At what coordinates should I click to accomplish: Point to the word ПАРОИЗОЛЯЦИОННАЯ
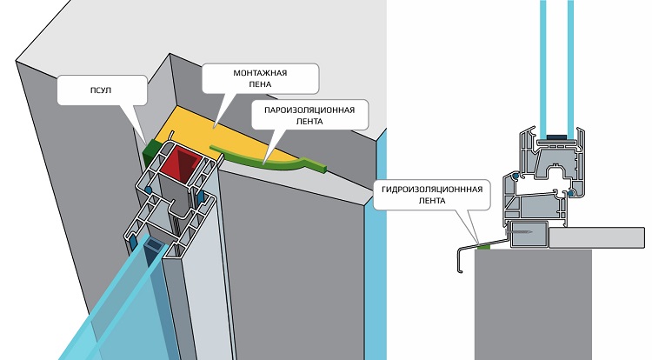(x=309, y=110)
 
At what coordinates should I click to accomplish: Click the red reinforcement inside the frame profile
(x=184, y=163)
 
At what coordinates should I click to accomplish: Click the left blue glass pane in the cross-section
(x=542, y=61)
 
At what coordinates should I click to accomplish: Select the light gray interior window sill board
(x=600, y=237)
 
